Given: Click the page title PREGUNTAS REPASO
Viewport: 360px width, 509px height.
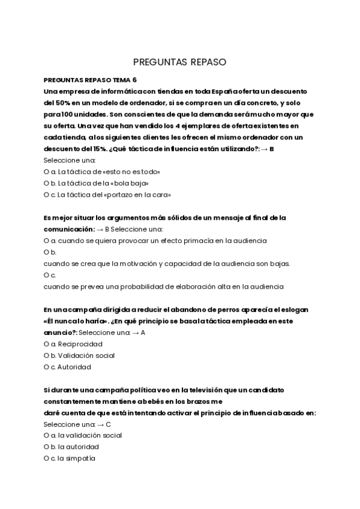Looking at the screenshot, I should tap(179, 62).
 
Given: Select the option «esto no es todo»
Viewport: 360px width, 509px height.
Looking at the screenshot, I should tap(106, 172).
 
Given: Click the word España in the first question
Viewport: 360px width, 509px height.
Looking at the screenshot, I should tap(225, 91).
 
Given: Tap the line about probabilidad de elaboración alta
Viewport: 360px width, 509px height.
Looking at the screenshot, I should tap(163, 286).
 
